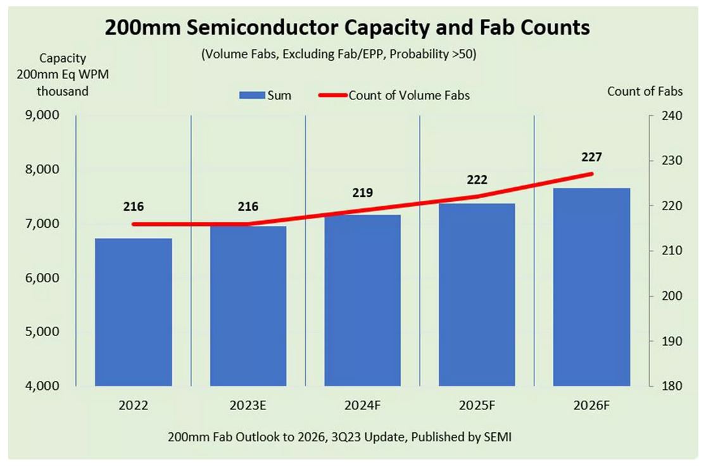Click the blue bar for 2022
[x=134, y=311]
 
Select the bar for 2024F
[x=363, y=300]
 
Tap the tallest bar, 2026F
[x=591, y=287]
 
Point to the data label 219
[x=363, y=193]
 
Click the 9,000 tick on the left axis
[x=41, y=116]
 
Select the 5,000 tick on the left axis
[x=41, y=332]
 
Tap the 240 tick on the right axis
[x=669, y=116]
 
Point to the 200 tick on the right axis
[x=669, y=296]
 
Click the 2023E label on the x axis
[x=248, y=405]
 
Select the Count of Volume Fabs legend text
[x=409, y=96]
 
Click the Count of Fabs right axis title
[x=645, y=91]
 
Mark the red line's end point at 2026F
[x=591, y=173]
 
